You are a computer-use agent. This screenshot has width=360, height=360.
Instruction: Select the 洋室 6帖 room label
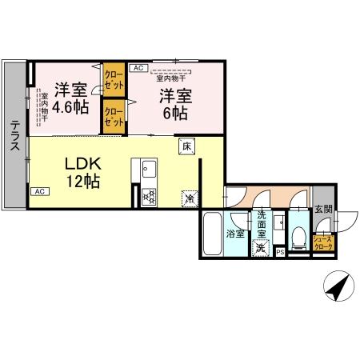(x=174, y=104)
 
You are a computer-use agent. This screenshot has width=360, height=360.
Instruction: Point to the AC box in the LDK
(x=38, y=192)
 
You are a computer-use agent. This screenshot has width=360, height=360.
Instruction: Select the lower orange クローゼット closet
(x=112, y=117)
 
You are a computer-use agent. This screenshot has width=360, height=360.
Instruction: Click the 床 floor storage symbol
(x=186, y=146)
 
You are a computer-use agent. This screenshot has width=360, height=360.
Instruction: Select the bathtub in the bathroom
(x=212, y=234)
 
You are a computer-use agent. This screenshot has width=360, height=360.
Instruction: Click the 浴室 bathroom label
(x=235, y=234)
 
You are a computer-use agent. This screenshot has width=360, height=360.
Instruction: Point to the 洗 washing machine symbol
(x=261, y=247)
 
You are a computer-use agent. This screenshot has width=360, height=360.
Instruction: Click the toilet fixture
(x=298, y=237)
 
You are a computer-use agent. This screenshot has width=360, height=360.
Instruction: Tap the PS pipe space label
(x=279, y=252)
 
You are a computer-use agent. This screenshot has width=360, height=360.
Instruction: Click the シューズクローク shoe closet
(x=322, y=242)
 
